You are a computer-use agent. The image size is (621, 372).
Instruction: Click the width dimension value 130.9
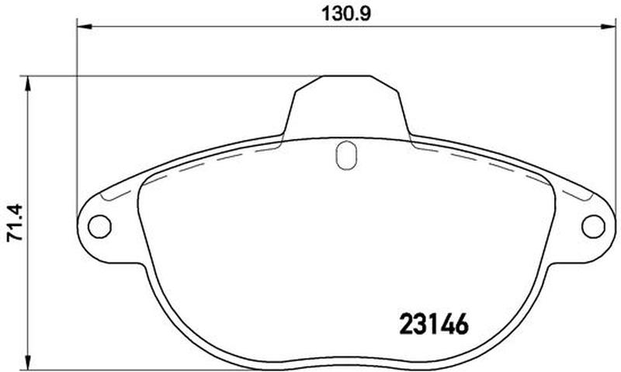(345, 14)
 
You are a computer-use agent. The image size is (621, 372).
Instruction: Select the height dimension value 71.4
(16, 223)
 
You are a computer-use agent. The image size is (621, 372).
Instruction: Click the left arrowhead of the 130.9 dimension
(85, 26)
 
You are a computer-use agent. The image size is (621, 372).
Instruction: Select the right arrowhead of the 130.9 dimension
(609, 26)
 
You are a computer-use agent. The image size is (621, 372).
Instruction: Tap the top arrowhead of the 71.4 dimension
(27, 84)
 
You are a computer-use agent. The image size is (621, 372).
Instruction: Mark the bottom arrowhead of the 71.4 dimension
(27, 362)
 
